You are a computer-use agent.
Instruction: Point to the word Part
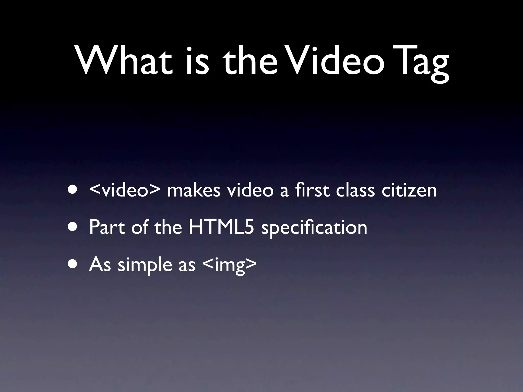[x=107, y=227]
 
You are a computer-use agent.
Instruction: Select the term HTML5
[x=221, y=227]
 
